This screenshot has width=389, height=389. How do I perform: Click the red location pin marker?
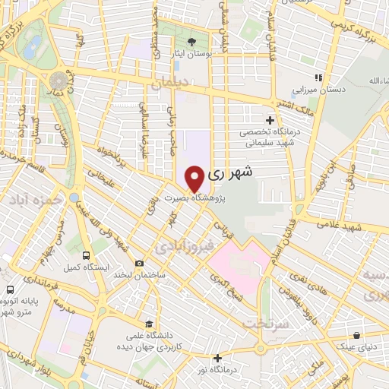[195, 178]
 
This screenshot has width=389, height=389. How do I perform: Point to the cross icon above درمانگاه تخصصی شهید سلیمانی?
[270, 120]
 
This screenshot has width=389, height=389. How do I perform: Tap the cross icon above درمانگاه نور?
[218, 358]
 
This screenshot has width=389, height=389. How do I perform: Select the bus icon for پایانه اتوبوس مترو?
[10, 289]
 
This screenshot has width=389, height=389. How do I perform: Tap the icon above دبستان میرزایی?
[320, 78]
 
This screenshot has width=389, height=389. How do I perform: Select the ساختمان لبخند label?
[134, 274]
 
